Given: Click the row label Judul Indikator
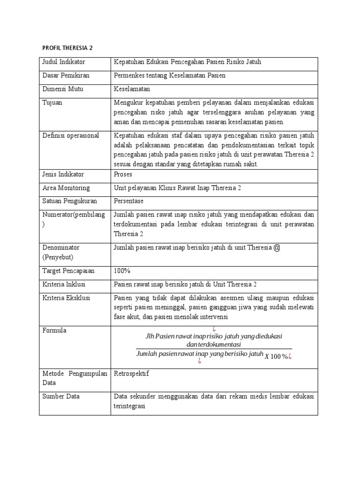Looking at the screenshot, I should coord(63,62).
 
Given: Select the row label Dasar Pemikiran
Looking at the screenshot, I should coord(66,75).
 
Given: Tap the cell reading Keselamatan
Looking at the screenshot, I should coord(132,89).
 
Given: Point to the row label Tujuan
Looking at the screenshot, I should coord(52,102).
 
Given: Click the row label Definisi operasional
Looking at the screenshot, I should coord(71,135).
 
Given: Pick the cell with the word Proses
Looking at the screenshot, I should coord(123,174).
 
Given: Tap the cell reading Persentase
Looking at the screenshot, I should coord(129,201).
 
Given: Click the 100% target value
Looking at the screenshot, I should coord(122,271).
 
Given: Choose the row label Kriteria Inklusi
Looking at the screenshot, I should coord(64,285).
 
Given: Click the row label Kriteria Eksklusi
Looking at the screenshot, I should coord(66,298).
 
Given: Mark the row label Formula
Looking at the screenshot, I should coord(54,330).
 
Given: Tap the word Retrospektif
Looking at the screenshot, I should coord(131,374).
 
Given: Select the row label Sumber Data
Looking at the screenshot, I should coord(61,396).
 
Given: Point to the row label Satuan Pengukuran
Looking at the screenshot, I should coord(70,201).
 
